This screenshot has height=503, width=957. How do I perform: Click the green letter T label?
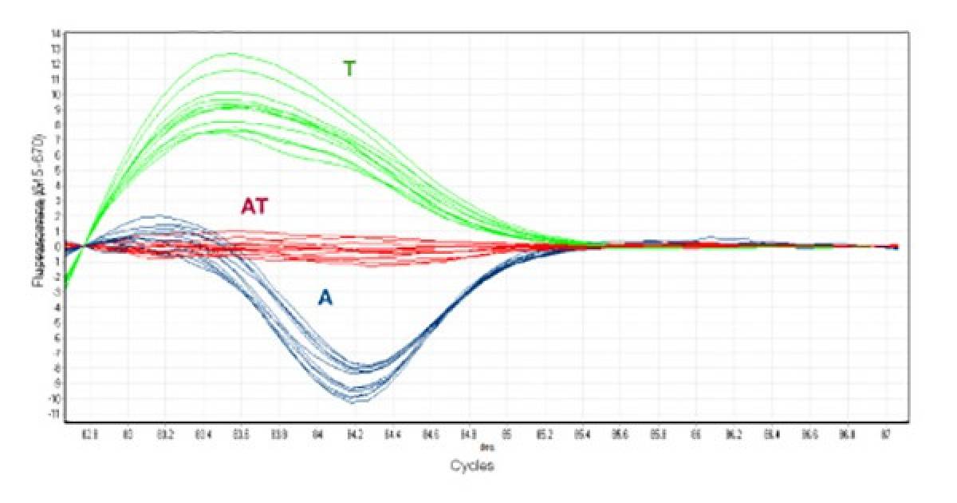point(349,69)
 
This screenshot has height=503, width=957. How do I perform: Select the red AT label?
point(254,207)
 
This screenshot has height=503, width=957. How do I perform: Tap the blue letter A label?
point(325,298)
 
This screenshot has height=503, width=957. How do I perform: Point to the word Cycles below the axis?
point(471,465)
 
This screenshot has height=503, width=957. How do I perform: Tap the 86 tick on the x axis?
point(696,436)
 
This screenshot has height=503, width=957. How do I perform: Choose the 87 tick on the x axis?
point(885,436)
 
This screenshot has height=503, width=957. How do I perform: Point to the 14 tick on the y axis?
point(56,34)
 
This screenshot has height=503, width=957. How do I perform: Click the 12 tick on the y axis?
point(56,64)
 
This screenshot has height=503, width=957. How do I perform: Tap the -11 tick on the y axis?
point(55,414)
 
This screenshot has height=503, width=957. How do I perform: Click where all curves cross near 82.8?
point(86,246)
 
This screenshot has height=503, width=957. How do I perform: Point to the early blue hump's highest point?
point(159,215)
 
